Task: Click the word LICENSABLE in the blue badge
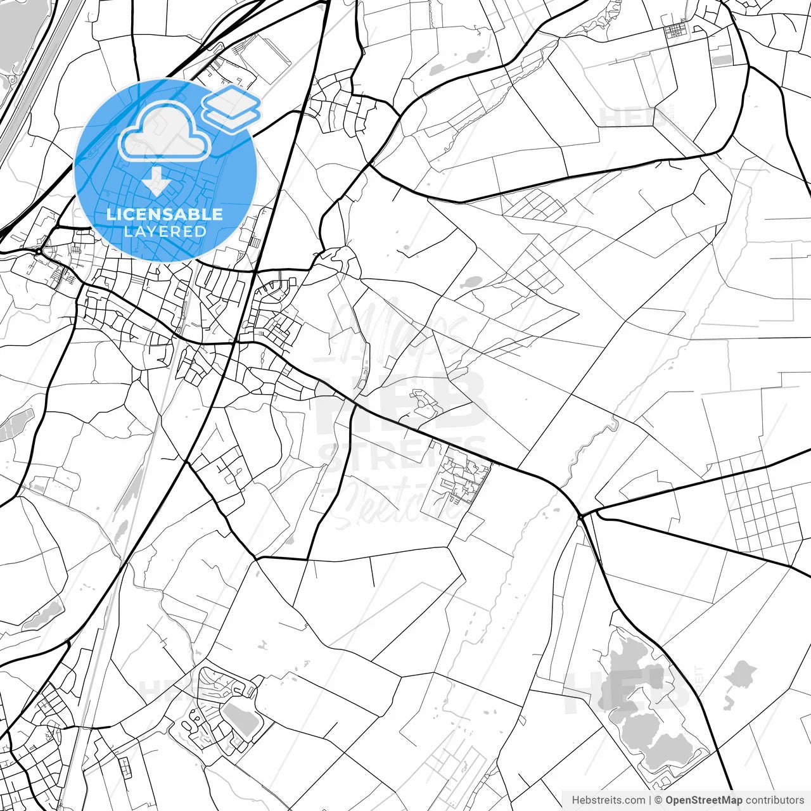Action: [x=165, y=214]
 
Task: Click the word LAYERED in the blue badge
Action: [x=165, y=231]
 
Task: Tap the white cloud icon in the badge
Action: [x=165, y=132]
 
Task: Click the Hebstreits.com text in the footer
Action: [x=608, y=800]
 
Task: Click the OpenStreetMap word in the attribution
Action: [x=703, y=800]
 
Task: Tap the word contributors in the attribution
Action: [x=774, y=800]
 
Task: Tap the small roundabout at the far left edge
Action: [x=39, y=252]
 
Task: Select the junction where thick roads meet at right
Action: [x=581, y=516]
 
